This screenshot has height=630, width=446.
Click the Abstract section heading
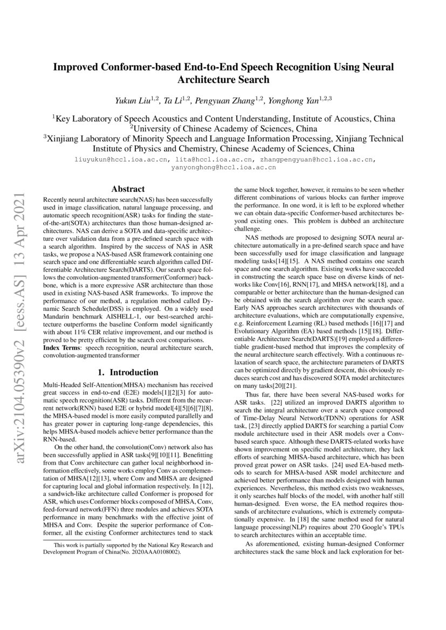point(128,189)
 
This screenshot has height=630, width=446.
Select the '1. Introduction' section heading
point(128,372)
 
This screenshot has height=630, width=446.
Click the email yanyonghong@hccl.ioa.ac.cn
point(223,168)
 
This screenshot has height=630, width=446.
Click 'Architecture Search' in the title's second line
point(223,80)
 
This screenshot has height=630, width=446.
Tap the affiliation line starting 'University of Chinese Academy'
point(223,129)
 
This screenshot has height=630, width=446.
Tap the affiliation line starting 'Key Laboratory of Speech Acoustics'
point(223,119)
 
